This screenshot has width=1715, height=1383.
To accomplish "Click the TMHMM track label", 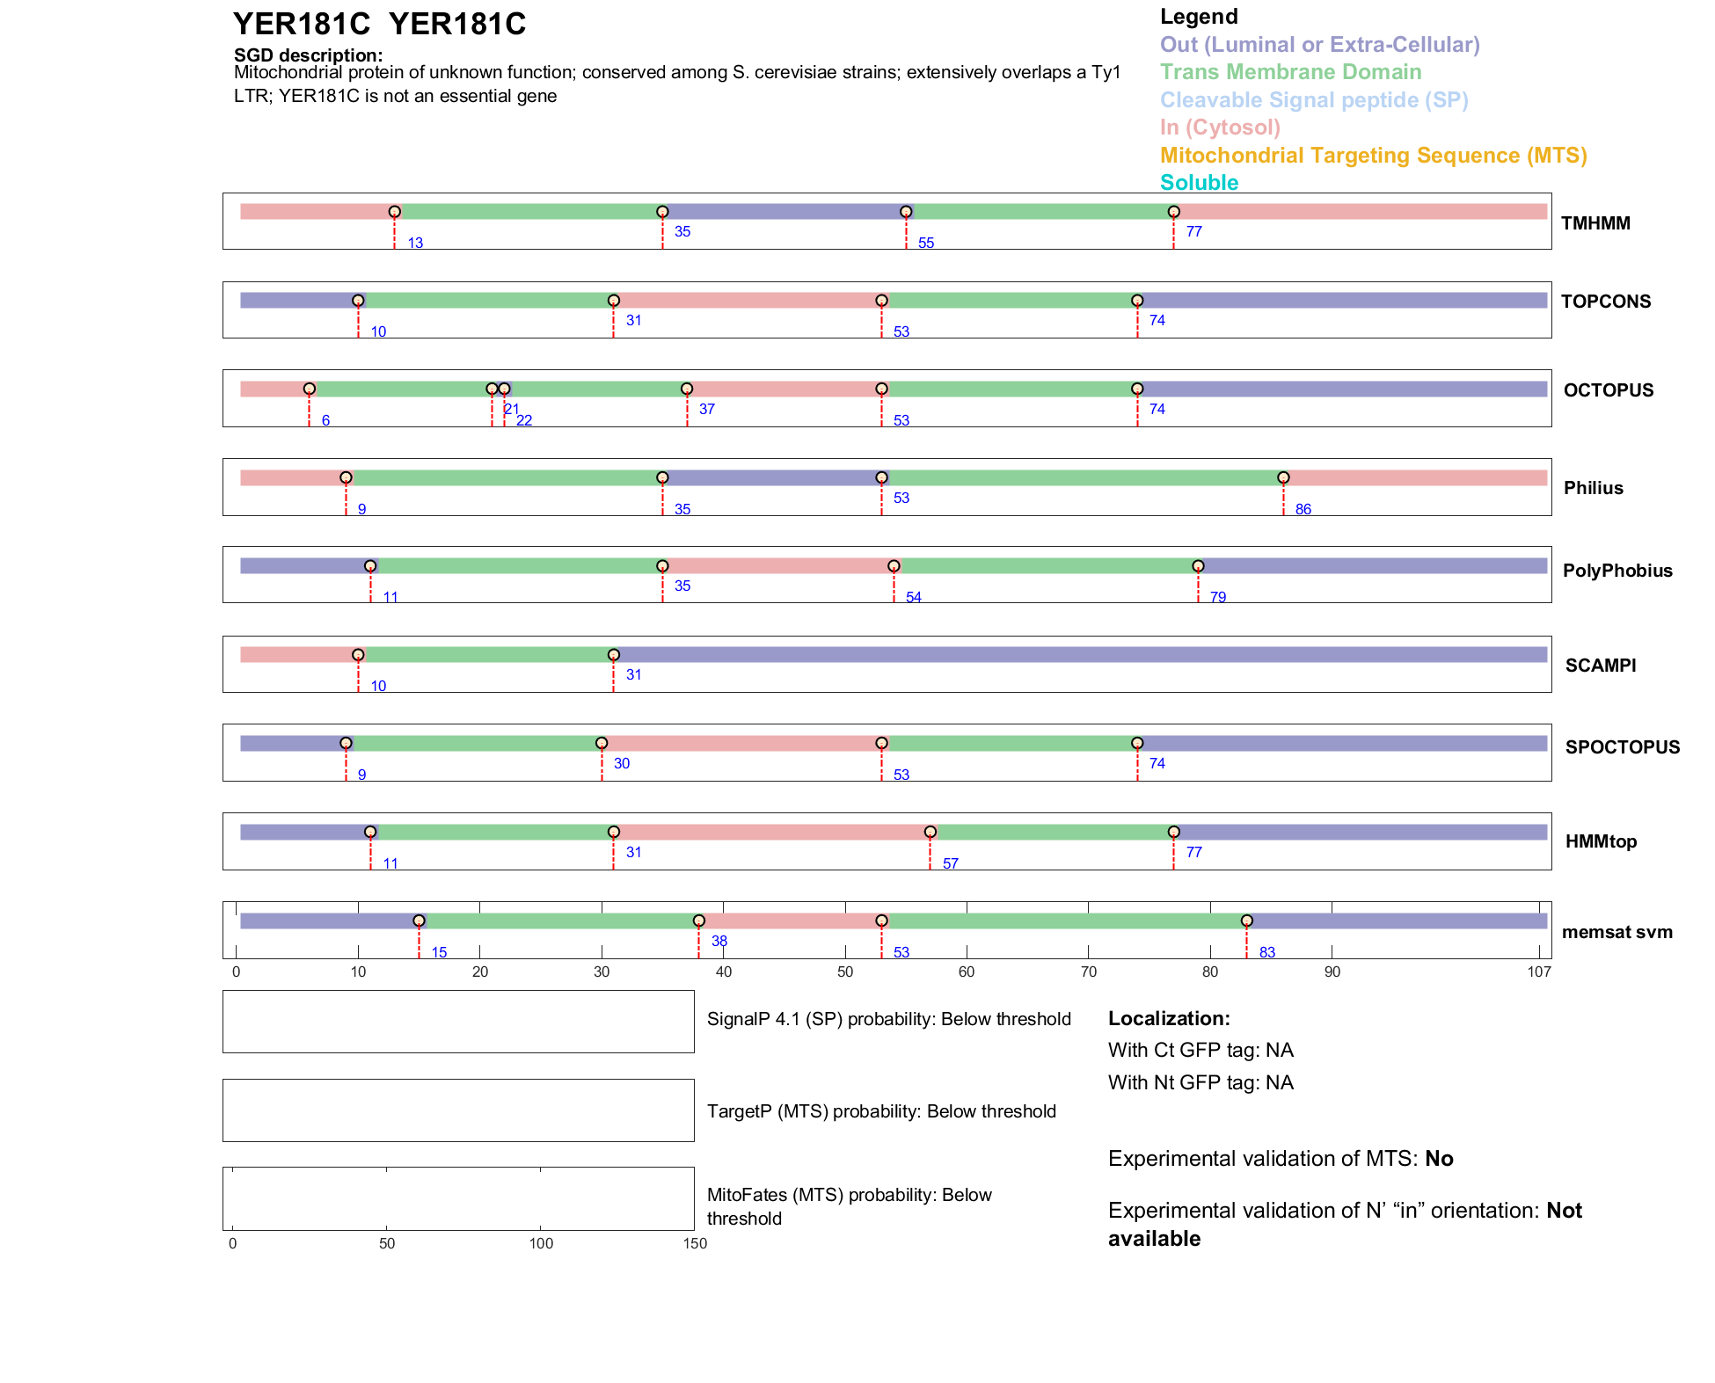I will (x=1595, y=223).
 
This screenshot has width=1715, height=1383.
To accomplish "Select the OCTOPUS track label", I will (x=1608, y=390).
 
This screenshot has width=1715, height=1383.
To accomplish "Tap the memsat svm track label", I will (x=1616, y=932).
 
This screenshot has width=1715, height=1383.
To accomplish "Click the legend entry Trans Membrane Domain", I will (x=1290, y=72).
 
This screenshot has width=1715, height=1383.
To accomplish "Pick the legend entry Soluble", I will (x=1199, y=183).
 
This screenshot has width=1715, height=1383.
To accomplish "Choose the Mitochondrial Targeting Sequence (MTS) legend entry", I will (x=1373, y=156).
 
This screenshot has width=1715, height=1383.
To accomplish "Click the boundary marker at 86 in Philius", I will (x=1283, y=477).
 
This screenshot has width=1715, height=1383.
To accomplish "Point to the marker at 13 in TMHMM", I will (x=395, y=212).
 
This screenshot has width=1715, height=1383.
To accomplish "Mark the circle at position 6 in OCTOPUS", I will (x=310, y=389).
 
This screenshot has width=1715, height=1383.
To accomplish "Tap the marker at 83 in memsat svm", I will (x=1246, y=921).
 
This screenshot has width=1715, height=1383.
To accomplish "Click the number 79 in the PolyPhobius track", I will (x=1217, y=597).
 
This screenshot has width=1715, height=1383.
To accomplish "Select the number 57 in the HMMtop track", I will (x=950, y=863).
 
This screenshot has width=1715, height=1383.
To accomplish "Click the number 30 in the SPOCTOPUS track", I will (x=621, y=763).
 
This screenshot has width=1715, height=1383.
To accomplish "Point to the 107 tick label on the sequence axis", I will (x=1538, y=972).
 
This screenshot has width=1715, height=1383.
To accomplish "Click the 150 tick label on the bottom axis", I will (x=695, y=1243).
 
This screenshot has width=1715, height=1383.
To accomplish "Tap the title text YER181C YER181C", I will (x=379, y=25).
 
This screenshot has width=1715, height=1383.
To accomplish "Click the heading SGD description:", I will (x=308, y=55).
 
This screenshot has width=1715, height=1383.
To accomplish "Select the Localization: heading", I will (x=1168, y=1019).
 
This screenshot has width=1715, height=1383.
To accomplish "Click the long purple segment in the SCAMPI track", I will (x=1080, y=655).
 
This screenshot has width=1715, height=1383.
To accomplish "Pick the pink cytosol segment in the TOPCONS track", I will (x=748, y=301).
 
